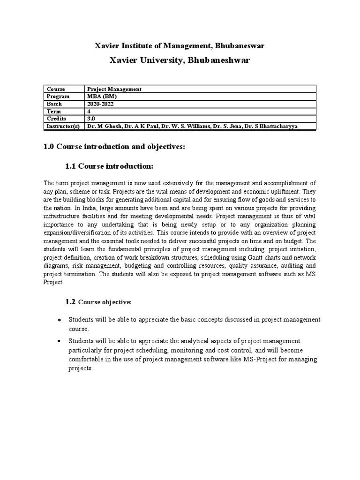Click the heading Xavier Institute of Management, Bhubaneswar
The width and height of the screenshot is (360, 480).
pos(180,45)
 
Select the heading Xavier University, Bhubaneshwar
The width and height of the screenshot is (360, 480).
pos(180,60)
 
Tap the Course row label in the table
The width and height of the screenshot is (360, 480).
pos(56,89)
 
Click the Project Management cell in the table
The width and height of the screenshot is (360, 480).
pos(114,89)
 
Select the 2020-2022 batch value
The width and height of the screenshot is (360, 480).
pos(101,104)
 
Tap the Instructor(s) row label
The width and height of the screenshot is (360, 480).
pos(64,127)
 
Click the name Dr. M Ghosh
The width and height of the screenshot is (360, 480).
pos(104,127)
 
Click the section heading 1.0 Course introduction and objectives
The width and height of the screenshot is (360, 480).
pos(114,147)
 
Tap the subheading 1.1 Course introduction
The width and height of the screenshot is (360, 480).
pos(109,166)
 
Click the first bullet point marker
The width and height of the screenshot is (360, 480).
pos(59,320)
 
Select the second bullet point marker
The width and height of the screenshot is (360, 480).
pos(59,341)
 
